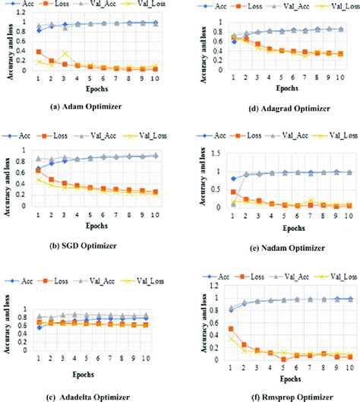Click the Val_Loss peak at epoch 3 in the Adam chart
tap(66, 53)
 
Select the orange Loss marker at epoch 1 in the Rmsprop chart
tap(210, 328)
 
